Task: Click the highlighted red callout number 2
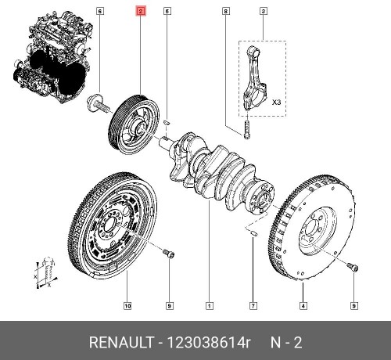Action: (140, 12)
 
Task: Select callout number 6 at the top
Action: (99, 12)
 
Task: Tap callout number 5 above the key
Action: (167, 12)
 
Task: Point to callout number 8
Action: (225, 12)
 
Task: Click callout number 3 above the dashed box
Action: (263, 12)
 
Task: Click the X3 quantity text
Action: (276, 101)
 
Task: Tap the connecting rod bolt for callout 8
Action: (245, 124)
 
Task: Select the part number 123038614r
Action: (206, 342)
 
